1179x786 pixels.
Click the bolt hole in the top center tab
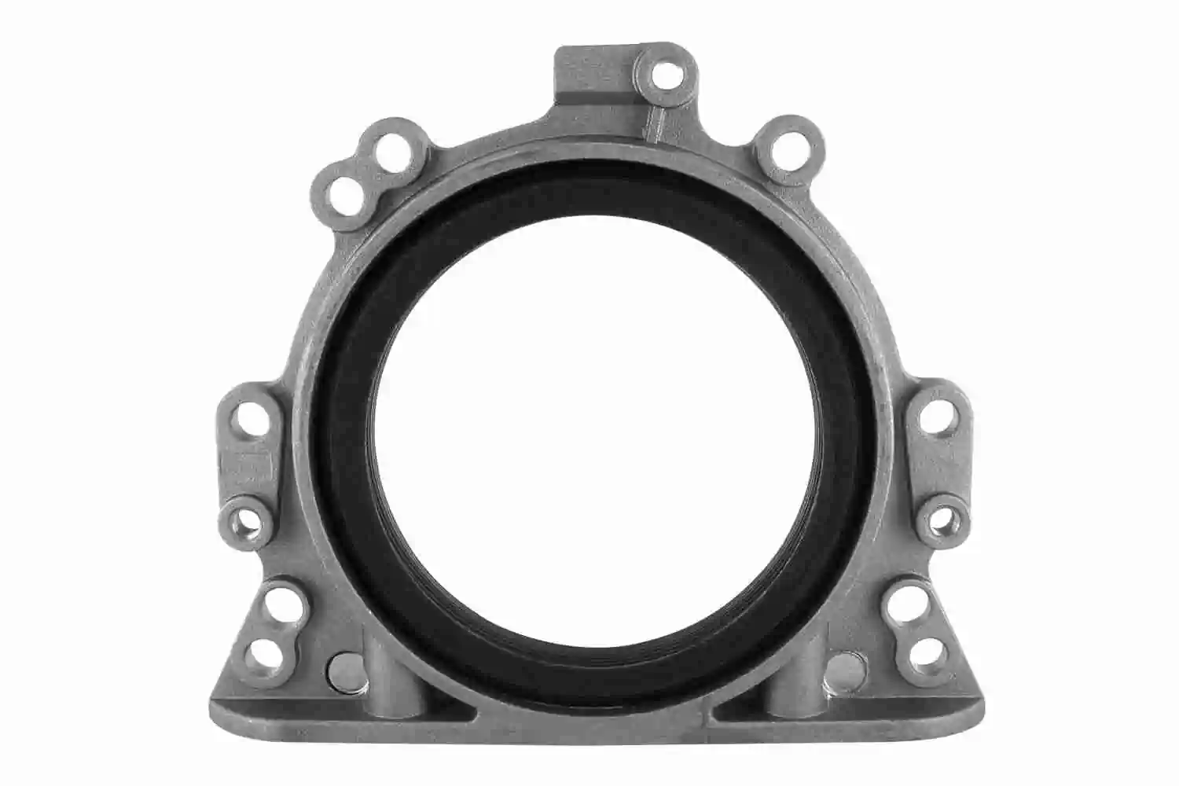(666, 76)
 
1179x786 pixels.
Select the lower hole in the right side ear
(942, 518)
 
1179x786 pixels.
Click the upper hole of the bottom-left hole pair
(277, 606)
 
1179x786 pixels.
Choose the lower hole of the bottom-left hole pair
(264, 652)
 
